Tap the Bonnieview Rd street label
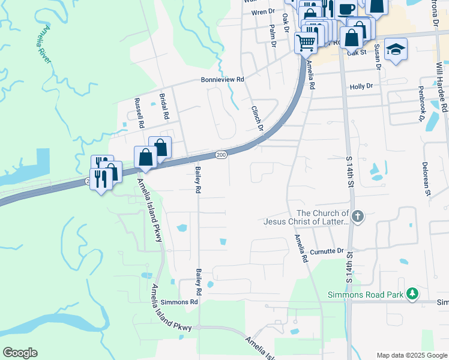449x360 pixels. [x=223, y=80]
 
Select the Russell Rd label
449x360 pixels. [x=139, y=114]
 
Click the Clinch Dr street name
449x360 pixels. [x=257, y=117]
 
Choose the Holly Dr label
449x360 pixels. [x=361, y=86]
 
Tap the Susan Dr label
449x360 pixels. [x=378, y=57]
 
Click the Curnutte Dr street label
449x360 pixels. [x=327, y=251]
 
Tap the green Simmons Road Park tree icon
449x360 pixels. [x=412, y=294]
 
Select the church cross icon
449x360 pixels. [x=358, y=216]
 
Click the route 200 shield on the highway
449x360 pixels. [x=221, y=155]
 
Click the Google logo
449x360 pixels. [x=20, y=353]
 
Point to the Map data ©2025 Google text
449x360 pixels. [x=411, y=355]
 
